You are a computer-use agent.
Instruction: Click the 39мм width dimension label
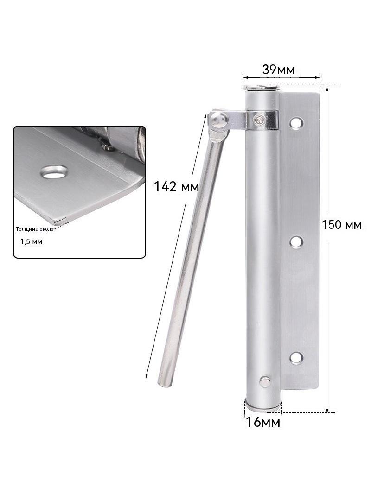pyautogui.click(x=278, y=70)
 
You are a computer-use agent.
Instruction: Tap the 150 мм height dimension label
pyautogui.click(x=341, y=225)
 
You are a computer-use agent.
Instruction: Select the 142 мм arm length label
pyautogui.click(x=176, y=186)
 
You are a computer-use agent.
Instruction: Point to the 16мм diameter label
pyautogui.click(x=263, y=422)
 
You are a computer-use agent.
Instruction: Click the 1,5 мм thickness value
pyautogui.click(x=31, y=241)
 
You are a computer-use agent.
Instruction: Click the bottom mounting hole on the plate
pyautogui.click(x=296, y=358)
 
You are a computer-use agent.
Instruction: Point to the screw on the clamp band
pyautogui.click(x=258, y=119)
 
